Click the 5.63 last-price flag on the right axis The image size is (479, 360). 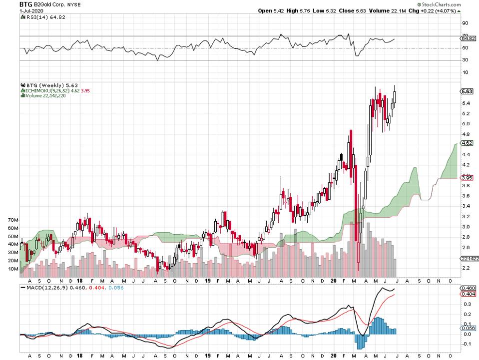coord(466,91)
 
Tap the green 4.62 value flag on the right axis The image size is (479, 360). coord(466,143)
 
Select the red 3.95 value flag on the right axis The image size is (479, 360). coord(466,177)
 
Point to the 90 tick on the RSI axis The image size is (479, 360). coord(465,23)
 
